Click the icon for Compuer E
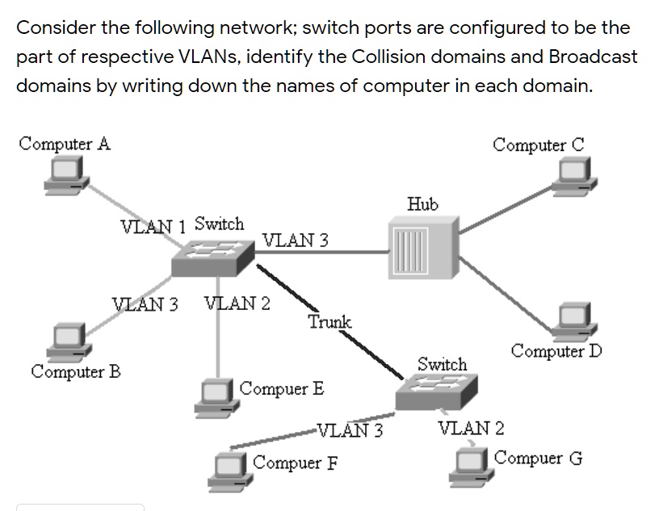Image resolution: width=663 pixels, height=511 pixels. tap(217, 395)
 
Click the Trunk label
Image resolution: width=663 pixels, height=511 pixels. tap(329, 322)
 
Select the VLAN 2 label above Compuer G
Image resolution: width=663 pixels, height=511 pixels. tap(471, 428)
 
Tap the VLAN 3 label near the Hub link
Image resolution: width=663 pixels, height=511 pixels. tap(296, 240)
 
